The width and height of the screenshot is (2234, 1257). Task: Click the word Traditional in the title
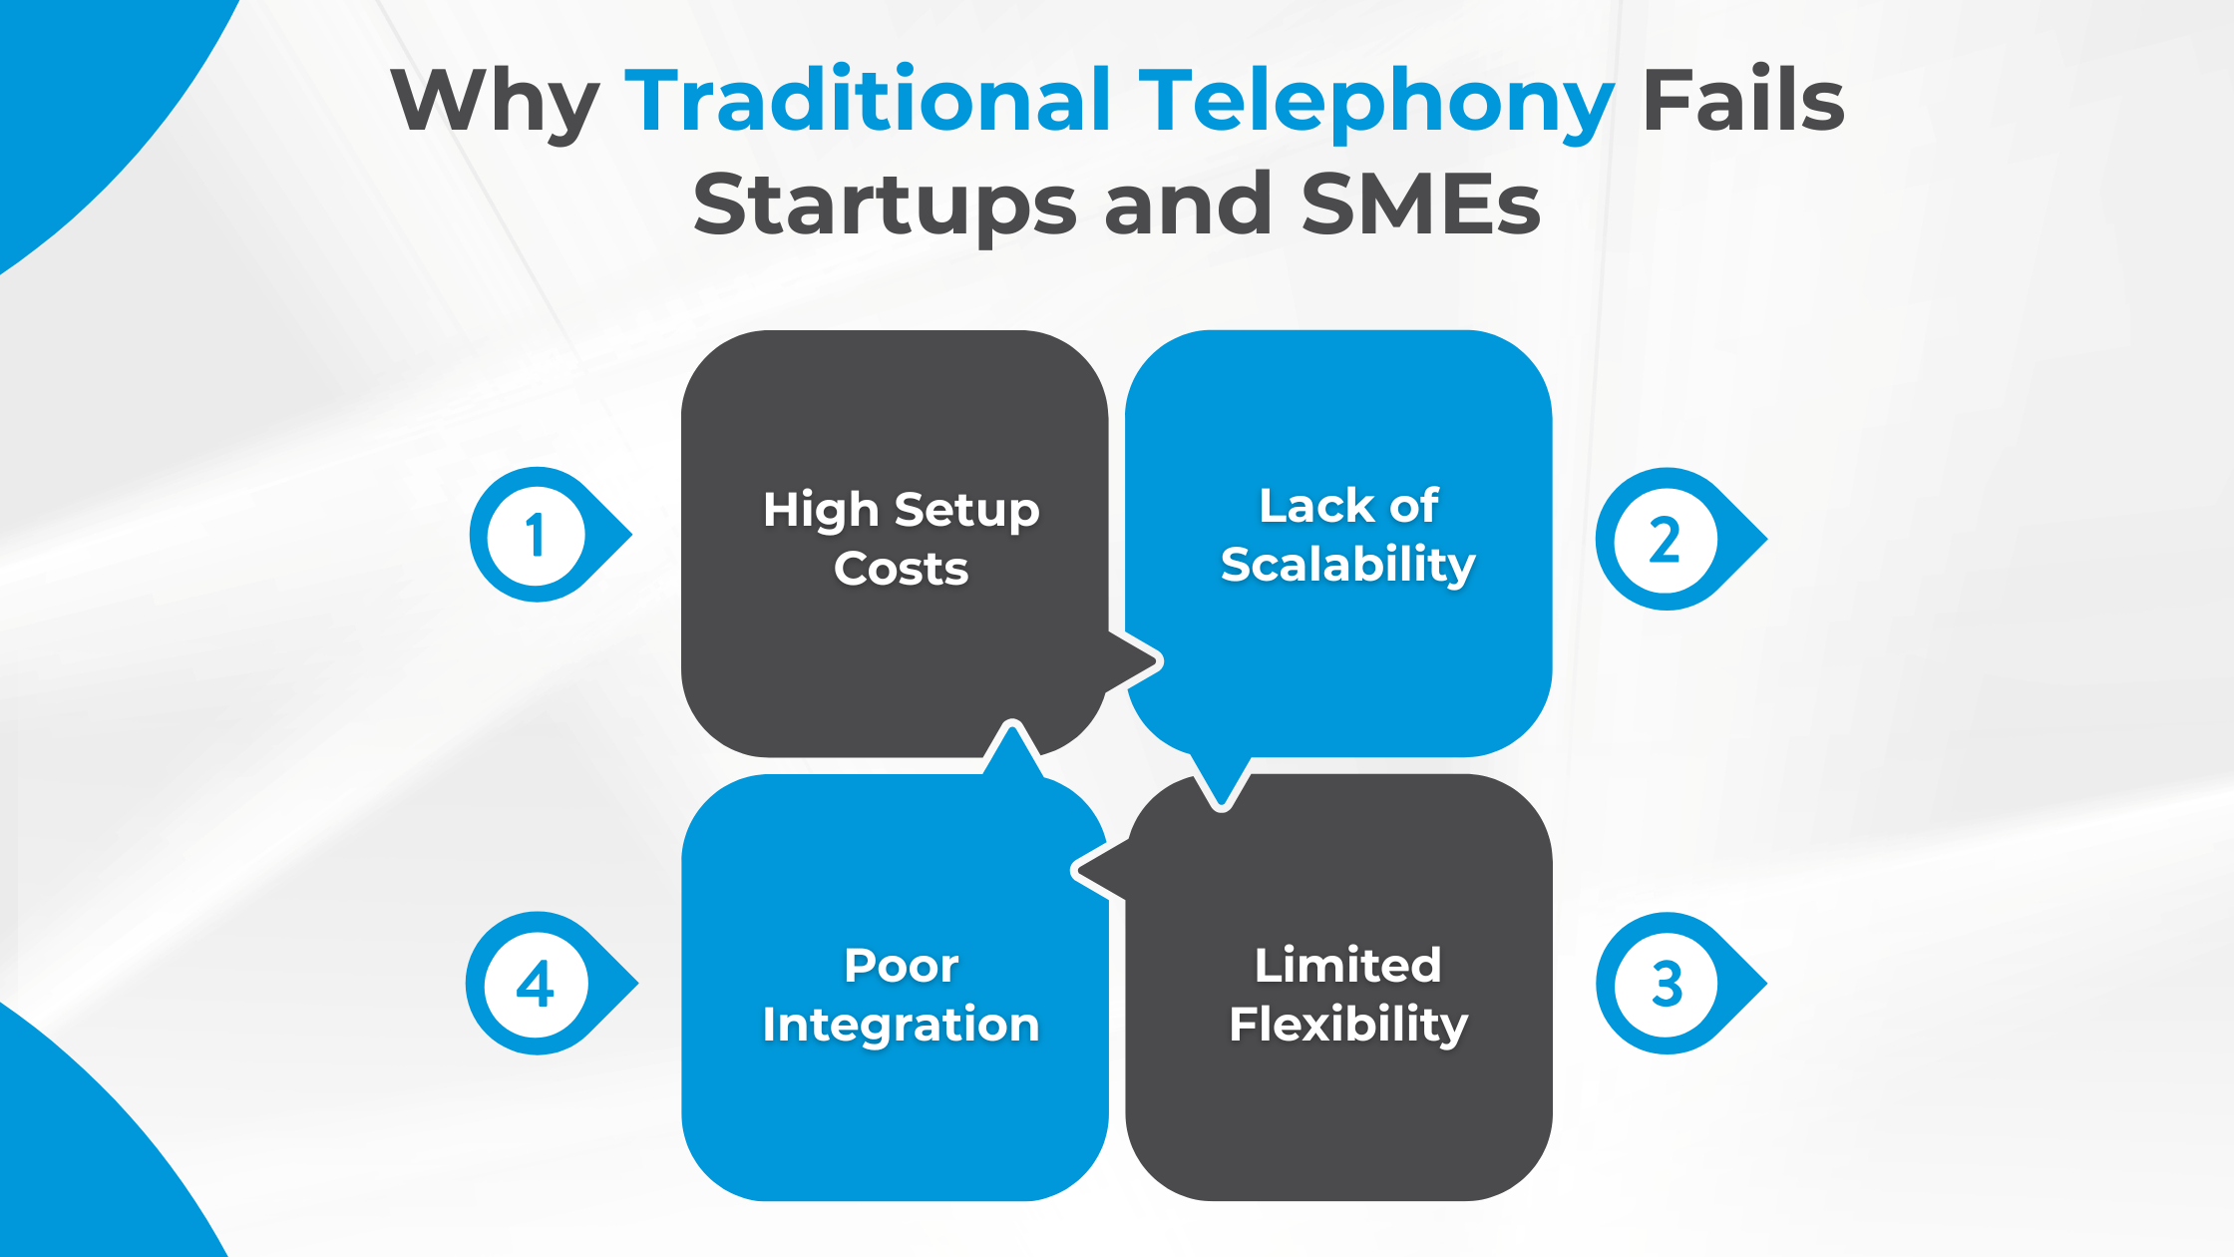tap(867, 101)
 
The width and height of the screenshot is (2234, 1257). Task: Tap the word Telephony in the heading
tap(1375, 103)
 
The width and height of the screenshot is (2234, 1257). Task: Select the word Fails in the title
tap(1743, 101)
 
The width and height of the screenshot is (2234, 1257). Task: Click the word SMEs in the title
tap(1421, 205)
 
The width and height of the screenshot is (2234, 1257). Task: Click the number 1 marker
tap(537, 535)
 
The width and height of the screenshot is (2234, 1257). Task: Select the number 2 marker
tap(1665, 540)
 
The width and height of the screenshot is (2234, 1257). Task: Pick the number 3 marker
tap(1667, 984)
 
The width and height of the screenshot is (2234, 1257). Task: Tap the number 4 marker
tap(537, 984)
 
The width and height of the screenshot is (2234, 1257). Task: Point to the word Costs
tap(901, 569)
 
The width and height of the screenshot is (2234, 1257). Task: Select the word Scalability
tap(1347, 565)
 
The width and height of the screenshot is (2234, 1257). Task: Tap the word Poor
tap(901, 966)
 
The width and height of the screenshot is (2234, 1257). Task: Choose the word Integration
tap(901, 1025)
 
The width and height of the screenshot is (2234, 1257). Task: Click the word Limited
tap(1347, 966)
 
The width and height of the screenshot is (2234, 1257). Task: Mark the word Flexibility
tap(1347, 1025)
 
